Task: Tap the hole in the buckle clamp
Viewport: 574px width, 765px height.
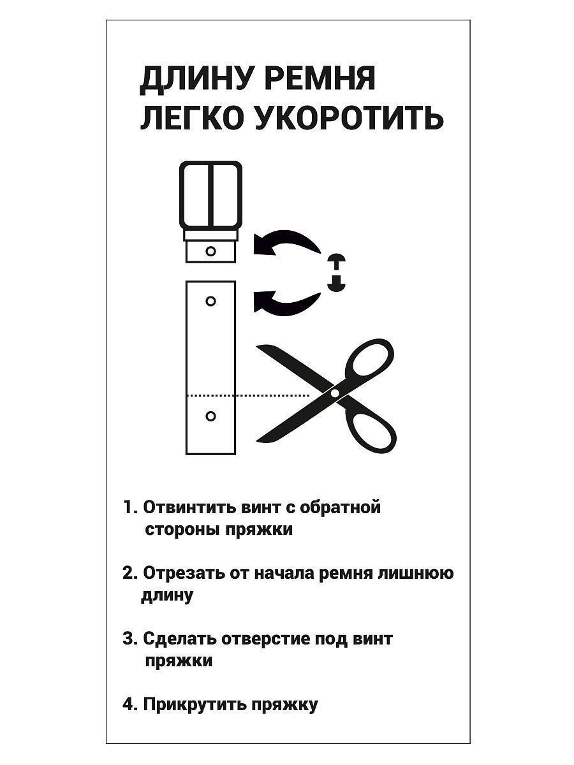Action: [210, 251]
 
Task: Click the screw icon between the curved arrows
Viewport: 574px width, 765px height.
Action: [336, 273]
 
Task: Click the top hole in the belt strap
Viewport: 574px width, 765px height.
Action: [210, 301]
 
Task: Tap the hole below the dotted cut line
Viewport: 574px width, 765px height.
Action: [210, 416]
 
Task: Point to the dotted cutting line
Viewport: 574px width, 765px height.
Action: [248, 396]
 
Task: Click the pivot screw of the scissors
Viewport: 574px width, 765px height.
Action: [335, 393]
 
